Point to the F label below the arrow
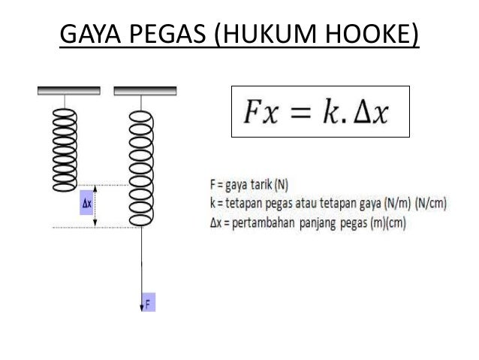[147, 304]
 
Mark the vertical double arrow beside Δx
[96, 204]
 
